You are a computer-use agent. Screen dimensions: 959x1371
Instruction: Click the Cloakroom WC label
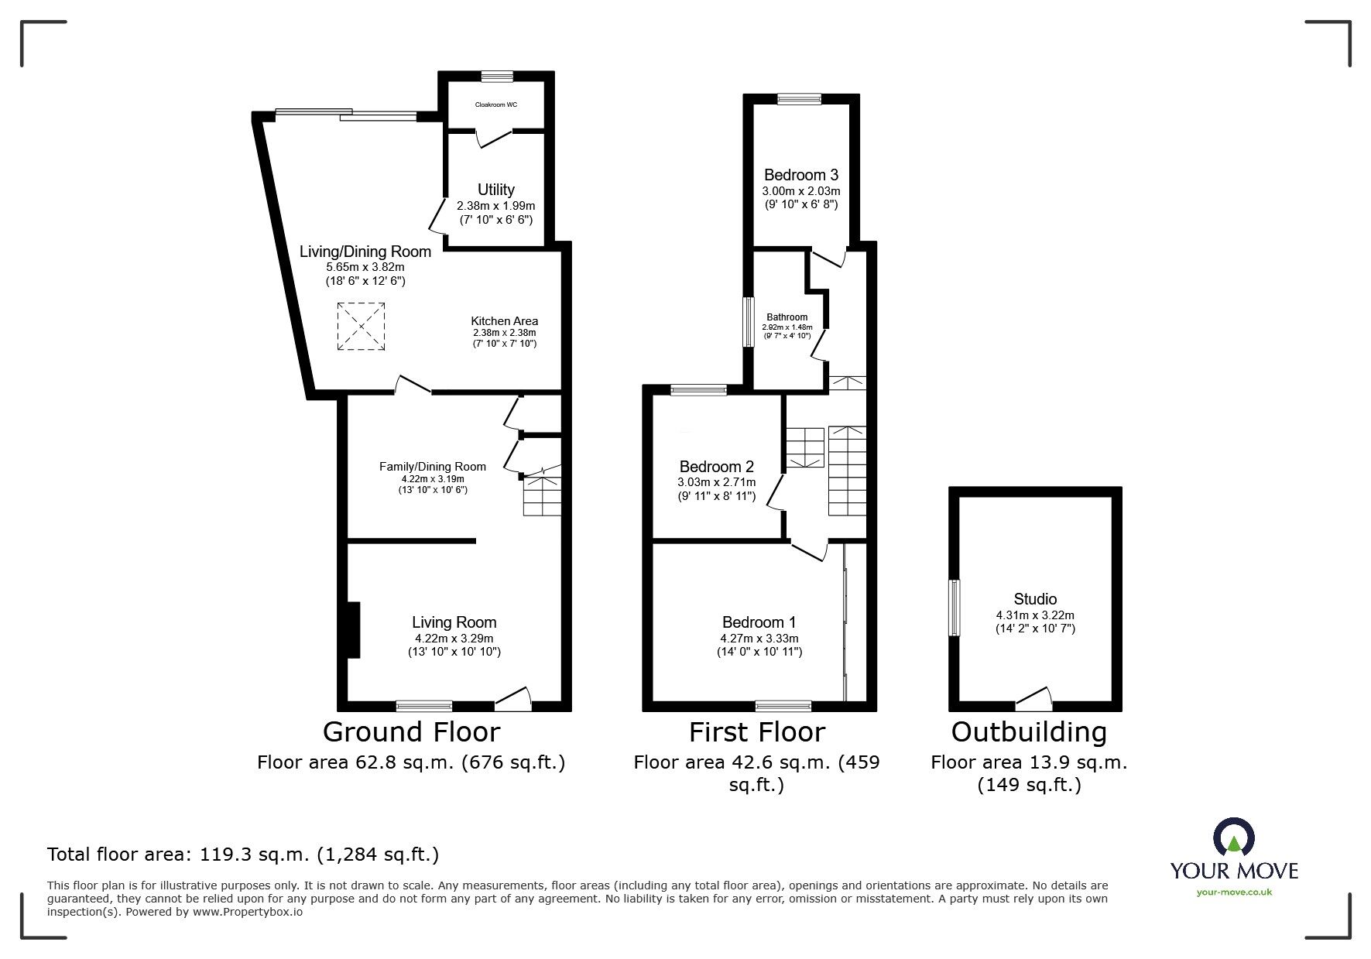496,104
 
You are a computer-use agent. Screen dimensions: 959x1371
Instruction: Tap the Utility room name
496,190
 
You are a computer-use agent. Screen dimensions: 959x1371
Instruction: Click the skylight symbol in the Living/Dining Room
361,327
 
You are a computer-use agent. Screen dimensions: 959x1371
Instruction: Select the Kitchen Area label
504,321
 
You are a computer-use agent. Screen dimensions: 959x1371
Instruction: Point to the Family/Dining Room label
432,467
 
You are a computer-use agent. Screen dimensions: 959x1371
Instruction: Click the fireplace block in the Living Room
354,630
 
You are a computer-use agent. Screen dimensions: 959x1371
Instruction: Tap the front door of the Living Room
512,701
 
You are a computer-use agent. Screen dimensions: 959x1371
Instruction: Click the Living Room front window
423,705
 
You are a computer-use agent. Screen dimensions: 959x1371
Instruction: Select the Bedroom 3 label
800,175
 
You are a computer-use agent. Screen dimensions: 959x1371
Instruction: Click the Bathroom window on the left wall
749,322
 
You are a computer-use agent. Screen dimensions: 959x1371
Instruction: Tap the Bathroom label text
787,317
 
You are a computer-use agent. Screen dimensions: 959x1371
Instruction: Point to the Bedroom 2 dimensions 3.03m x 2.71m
716,482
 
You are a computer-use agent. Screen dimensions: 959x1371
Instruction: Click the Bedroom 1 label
759,622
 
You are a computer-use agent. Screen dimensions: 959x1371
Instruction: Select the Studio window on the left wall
955,608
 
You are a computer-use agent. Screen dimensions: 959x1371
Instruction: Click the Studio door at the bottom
1034,701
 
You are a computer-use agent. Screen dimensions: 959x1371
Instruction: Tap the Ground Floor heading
411,731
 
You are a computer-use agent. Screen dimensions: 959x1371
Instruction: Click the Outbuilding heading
1028,731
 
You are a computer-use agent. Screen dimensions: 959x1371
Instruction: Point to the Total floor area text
243,855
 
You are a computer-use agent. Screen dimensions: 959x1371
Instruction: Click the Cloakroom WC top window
496,76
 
